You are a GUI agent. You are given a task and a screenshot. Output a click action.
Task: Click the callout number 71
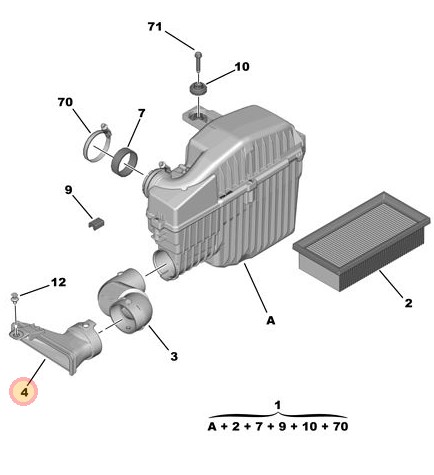coord(155,27)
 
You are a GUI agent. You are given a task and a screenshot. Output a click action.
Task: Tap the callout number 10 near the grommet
coord(242,67)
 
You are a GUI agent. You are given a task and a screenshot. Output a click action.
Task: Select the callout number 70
coord(65,102)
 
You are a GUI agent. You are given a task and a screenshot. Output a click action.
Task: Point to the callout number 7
coord(141,113)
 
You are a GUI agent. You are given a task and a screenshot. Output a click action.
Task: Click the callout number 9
coord(68,190)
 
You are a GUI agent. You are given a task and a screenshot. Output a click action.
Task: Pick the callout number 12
coord(58,282)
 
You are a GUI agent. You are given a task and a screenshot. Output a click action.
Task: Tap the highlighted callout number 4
coord(24,392)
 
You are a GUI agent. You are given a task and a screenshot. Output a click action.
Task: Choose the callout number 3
coord(174,356)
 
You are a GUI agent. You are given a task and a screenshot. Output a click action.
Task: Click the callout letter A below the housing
coord(271,320)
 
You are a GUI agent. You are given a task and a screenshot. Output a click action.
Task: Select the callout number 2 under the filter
coord(408,303)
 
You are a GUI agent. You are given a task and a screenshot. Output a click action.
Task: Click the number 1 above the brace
coord(278,405)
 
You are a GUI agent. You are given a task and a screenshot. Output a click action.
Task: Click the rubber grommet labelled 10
coord(198,89)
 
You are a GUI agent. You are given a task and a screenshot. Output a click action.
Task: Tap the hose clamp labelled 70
coord(97,143)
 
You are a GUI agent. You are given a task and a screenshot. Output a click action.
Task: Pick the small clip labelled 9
coord(96,223)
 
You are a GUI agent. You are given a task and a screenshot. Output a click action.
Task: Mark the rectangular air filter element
coord(362,241)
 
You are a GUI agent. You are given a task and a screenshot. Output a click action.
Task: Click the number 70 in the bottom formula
coord(340,426)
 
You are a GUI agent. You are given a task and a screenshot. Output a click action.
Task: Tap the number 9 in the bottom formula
coord(282,426)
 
